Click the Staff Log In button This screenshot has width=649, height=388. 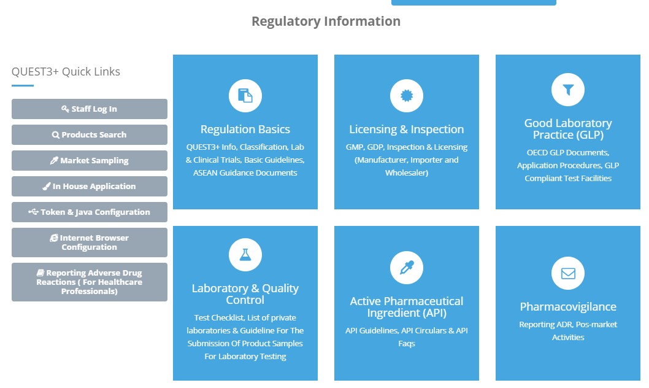[x=90, y=109]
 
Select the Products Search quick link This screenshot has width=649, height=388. [x=90, y=135]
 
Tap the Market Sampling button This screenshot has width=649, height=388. [x=90, y=161]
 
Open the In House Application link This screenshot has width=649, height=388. [x=90, y=187]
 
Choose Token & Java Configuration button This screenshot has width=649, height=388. [x=90, y=212]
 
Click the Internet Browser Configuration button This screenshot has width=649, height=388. [x=90, y=243]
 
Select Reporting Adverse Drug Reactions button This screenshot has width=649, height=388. [x=90, y=282]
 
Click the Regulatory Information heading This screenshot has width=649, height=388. [x=326, y=21]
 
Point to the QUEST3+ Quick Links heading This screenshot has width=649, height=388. [x=66, y=72]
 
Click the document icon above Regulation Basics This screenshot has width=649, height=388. [x=245, y=96]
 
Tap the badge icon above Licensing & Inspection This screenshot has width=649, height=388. [x=407, y=96]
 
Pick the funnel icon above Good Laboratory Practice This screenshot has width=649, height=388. [x=568, y=90]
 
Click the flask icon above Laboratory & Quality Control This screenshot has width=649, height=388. [x=245, y=255]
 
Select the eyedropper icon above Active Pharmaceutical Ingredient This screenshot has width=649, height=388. [x=407, y=268]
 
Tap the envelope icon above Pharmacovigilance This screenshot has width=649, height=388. [x=568, y=273]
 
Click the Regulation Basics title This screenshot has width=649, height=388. [x=245, y=130]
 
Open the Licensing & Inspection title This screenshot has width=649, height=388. [x=407, y=130]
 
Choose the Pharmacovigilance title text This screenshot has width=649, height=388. [x=568, y=307]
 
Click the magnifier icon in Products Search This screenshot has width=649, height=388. [x=56, y=135]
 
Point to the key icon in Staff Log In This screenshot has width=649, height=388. [x=65, y=109]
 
